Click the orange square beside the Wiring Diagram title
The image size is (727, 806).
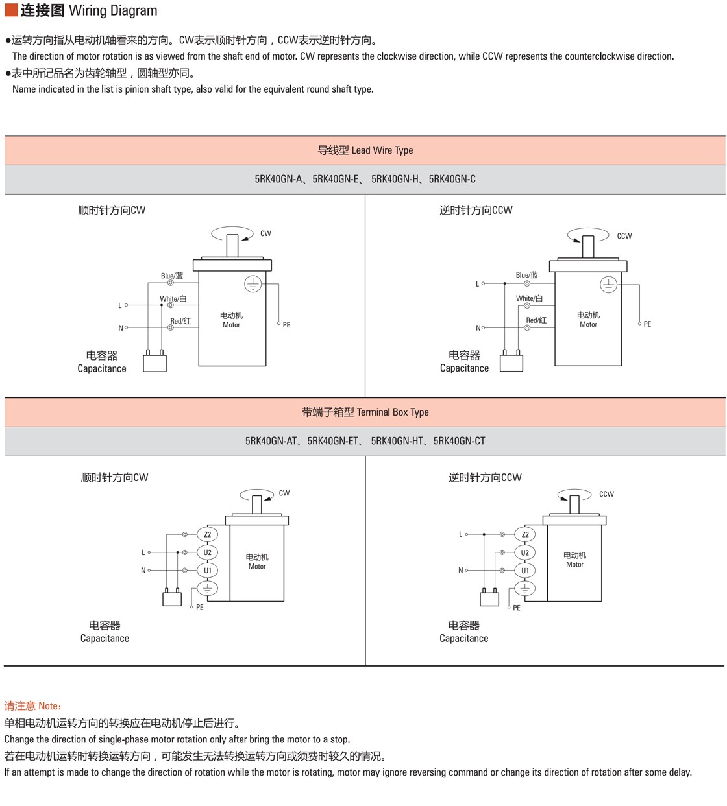pos(11,10)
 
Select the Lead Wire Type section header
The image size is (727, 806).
pos(365,150)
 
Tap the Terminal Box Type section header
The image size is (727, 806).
pos(365,412)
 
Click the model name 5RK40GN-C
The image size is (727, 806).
pos(452,179)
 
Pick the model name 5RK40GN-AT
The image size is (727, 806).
pos(271,441)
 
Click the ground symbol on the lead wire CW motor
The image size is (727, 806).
pos(253,284)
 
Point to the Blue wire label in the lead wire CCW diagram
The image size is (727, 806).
pos(526,275)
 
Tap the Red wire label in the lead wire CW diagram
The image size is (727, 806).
pos(180,320)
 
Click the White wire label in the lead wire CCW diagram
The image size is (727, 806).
pos(529,298)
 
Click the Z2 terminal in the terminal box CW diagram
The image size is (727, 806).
pos(207,534)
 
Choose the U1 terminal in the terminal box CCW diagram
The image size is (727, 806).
pos(524,571)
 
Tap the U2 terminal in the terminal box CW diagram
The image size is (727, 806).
pos(207,552)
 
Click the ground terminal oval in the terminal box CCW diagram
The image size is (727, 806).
pos(524,589)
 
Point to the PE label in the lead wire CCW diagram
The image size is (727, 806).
pos(647,324)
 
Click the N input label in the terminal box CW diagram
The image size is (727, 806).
pos(143,570)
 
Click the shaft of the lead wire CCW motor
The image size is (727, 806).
pos(588,246)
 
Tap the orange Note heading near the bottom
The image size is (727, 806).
pos(33,705)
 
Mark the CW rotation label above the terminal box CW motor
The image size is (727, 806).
pos(284,493)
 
